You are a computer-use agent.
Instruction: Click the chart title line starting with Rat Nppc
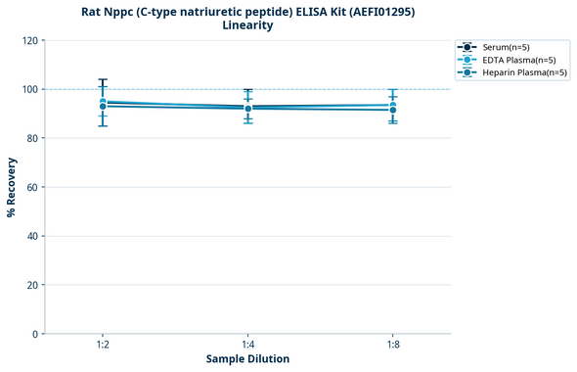(x=247, y=11)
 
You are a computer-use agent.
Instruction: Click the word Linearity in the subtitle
(x=247, y=25)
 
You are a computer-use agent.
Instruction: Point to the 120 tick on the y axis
(x=29, y=40)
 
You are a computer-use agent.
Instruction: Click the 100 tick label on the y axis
(x=29, y=89)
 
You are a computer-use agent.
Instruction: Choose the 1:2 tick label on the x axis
(x=103, y=346)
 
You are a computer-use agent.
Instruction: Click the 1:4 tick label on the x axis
(x=247, y=346)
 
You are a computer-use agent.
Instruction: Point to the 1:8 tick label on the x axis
(x=392, y=346)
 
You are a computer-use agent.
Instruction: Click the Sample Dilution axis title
(x=247, y=359)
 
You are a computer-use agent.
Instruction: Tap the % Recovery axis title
(x=12, y=187)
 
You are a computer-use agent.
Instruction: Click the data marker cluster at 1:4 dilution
(x=247, y=108)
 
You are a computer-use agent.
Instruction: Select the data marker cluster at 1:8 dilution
(x=392, y=108)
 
